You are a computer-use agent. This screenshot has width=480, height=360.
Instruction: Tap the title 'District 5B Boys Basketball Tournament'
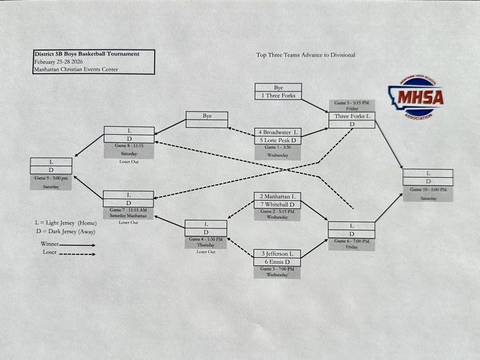tap(86, 54)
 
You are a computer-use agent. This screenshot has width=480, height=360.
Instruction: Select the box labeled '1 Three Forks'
tap(278, 95)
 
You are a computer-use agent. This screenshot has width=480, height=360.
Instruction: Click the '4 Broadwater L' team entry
tap(278, 132)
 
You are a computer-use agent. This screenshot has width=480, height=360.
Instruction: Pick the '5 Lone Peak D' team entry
tap(278, 140)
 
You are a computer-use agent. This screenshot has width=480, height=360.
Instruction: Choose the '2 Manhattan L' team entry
tap(277, 196)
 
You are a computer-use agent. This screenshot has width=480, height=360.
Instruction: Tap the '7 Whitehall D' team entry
tap(277, 205)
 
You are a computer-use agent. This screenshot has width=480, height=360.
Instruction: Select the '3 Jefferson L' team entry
tap(277, 254)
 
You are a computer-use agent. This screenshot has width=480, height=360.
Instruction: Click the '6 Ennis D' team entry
tap(277, 262)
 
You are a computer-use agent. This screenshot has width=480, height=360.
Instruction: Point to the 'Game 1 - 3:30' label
tap(278, 148)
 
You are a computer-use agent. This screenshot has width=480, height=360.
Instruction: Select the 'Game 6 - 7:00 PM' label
tap(351, 241)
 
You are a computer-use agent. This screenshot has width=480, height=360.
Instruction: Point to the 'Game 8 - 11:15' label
tap(129, 146)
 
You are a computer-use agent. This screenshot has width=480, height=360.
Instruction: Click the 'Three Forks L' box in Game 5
tap(351, 116)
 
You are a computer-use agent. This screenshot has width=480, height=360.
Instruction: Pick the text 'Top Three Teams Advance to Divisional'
tap(305, 55)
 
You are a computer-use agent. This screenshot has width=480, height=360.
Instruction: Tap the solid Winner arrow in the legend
tap(76, 244)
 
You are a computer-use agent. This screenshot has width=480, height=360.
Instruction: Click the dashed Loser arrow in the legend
tap(76, 254)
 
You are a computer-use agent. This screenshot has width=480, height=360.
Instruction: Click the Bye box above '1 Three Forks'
tap(278, 87)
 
